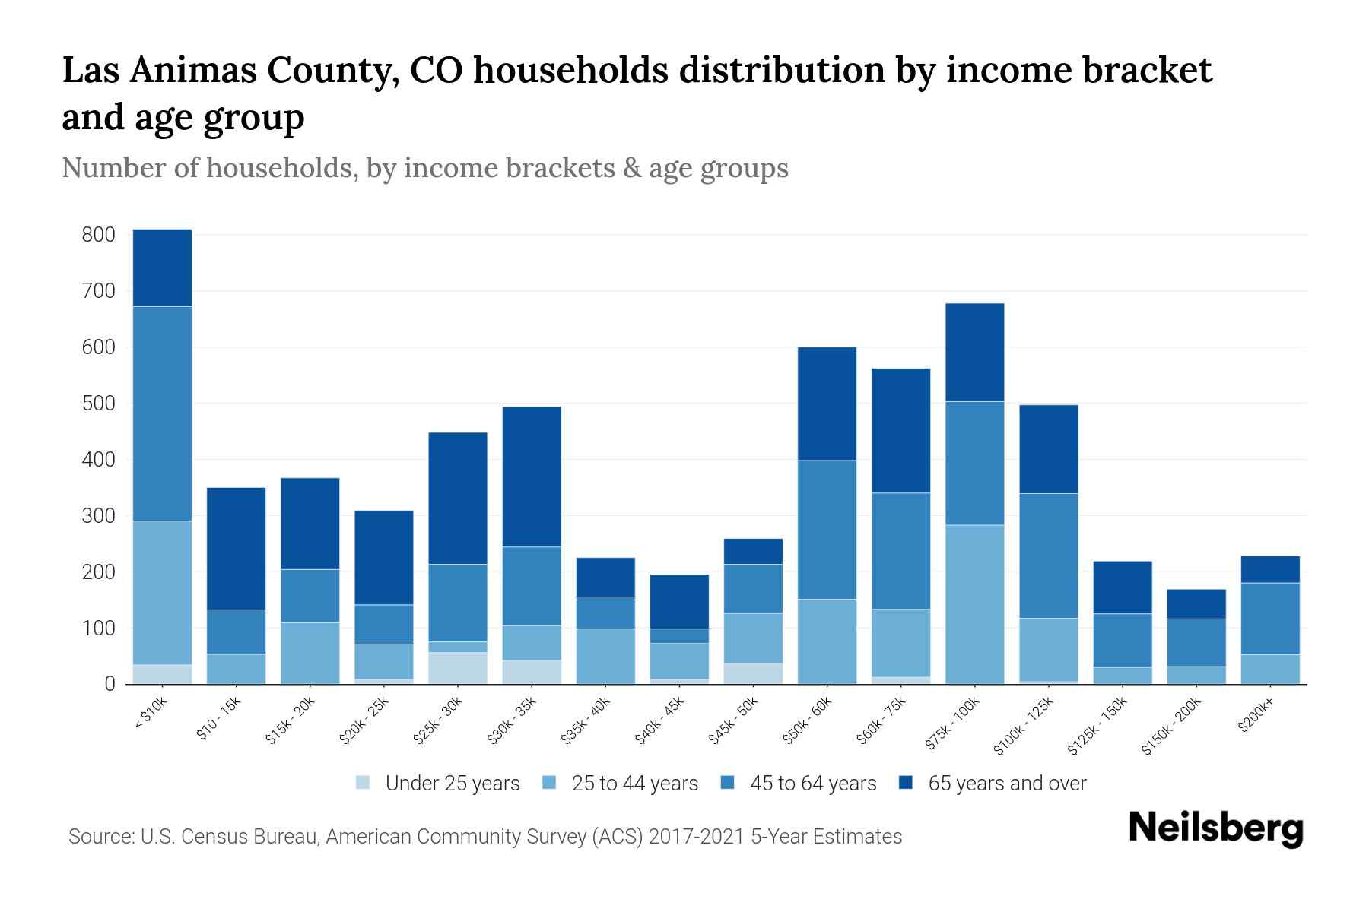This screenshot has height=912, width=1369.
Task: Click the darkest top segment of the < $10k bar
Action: tap(162, 268)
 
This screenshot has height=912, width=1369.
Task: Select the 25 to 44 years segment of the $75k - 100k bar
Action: tap(974, 604)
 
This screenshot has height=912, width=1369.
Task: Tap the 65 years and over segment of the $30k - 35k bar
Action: tap(532, 477)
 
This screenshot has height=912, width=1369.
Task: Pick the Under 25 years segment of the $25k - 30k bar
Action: tap(458, 668)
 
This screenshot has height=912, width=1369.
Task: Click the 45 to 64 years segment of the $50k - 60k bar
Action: tap(827, 530)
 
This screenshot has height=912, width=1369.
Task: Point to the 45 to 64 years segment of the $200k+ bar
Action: tap(1270, 619)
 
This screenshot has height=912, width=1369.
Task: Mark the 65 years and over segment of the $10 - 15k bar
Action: tap(236, 549)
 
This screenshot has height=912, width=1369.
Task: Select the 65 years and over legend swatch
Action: tap(906, 783)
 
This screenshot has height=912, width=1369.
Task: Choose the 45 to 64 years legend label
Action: tap(813, 784)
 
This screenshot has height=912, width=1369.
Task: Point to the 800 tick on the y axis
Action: tap(98, 235)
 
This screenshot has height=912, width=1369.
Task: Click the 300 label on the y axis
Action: tap(98, 516)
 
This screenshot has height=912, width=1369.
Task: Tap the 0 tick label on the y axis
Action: tap(110, 685)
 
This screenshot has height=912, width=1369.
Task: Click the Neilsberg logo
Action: tap(1216, 828)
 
